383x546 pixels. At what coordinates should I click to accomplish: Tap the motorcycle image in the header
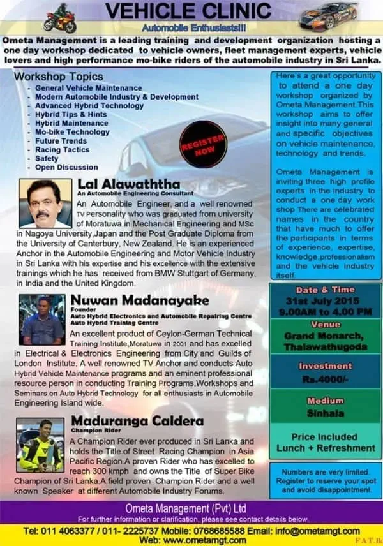(59, 18)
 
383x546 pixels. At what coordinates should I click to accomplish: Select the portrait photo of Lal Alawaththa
(45, 203)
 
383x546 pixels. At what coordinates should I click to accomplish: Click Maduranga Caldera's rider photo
(40, 445)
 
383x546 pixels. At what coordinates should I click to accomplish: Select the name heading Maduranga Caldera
(137, 421)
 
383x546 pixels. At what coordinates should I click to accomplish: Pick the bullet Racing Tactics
(63, 150)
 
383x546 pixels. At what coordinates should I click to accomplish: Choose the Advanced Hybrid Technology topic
(89, 106)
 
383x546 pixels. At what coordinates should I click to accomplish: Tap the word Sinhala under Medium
(326, 413)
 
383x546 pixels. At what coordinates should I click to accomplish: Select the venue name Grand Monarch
(326, 336)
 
